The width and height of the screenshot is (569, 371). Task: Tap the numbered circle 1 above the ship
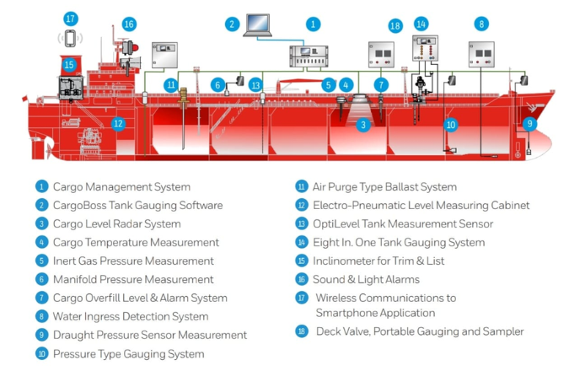pyautogui.click(x=313, y=24)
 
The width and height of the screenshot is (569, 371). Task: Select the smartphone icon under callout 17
pyautogui.click(x=71, y=39)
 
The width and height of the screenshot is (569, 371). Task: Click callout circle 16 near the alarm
pyautogui.click(x=129, y=24)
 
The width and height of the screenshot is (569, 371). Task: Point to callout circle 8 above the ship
pyautogui.click(x=481, y=24)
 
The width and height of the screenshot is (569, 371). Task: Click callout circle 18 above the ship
pyautogui.click(x=395, y=25)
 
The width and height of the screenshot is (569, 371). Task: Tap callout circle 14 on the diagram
pyautogui.click(x=421, y=24)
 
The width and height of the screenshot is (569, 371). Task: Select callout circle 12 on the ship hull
pyautogui.click(x=118, y=123)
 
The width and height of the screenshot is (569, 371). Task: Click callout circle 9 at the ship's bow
pyautogui.click(x=529, y=123)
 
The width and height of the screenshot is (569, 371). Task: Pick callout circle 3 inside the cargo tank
pyautogui.click(x=363, y=125)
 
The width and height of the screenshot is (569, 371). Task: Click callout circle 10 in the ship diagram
pyautogui.click(x=450, y=125)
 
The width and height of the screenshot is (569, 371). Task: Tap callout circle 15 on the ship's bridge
pyautogui.click(x=69, y=64)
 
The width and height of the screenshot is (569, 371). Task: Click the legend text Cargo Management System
pyautogui.click(x=121, y=187)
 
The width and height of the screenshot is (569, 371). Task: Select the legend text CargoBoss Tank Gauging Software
pyautogui.click(x=137, y=206)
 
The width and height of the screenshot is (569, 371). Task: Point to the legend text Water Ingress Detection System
pyautogui.click(x=130, y=317)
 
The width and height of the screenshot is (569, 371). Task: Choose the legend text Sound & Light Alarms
pyautogui.click(x=368, y=280)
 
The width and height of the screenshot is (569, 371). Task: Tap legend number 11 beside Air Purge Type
pyautogui.click(x=301, y=187)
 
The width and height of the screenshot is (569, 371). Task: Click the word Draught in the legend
pyautogui.click(x=76, y=336)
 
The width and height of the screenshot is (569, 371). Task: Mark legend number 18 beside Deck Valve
pyautogui.click(x=301, y=331)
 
